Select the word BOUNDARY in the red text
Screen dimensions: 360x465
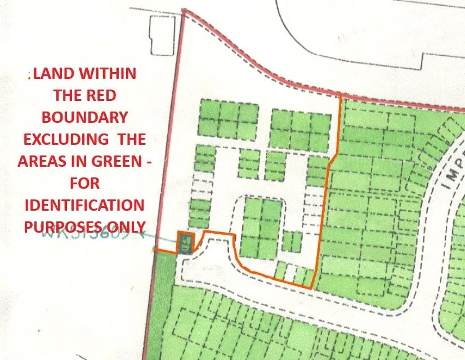click(84, 117)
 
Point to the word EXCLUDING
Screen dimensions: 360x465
click(62, 139)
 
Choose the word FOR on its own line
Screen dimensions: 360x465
click(84, 183)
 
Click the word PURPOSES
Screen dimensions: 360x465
click(63, 226)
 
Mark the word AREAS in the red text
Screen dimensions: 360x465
click(41, 161)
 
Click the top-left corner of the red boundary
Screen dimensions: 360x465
click(185, 10)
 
